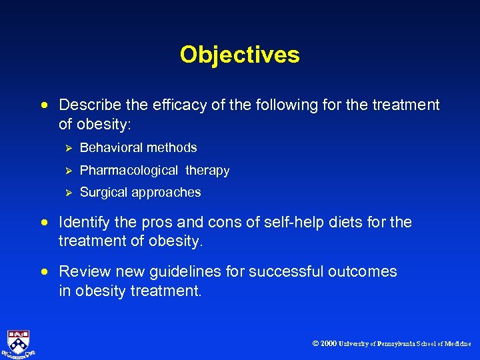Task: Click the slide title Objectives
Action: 239,55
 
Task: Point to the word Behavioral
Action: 109,147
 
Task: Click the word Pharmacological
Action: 129,170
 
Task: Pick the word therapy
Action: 207,170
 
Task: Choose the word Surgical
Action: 102,192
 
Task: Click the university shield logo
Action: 18,342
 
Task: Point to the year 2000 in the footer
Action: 328,344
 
